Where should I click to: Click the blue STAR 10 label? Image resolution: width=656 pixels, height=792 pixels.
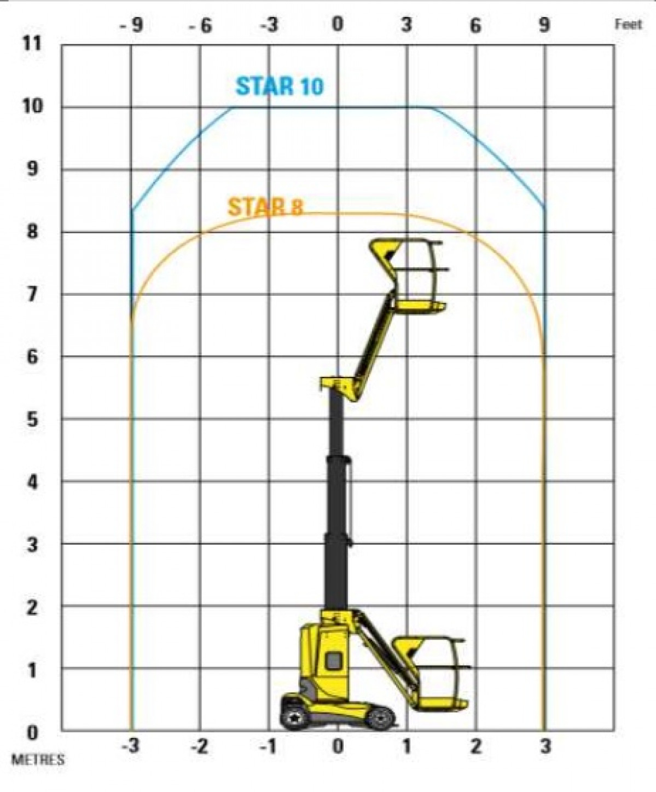(x=280, y=86)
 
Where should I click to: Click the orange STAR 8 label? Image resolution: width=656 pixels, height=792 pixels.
(x=265, y=206)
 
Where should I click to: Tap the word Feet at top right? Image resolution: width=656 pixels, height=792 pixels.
(x=629, y=25)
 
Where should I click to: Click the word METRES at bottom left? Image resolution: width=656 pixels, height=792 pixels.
(x=38, y=760)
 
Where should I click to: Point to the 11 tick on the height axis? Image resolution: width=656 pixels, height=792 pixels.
(x=31, y=44)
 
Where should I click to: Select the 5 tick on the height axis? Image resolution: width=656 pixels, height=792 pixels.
(x=32, y=420)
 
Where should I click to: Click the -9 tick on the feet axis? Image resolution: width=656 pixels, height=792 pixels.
(x=131, y=25)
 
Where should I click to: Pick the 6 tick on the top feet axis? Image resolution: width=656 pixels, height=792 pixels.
(x=475, y=25)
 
